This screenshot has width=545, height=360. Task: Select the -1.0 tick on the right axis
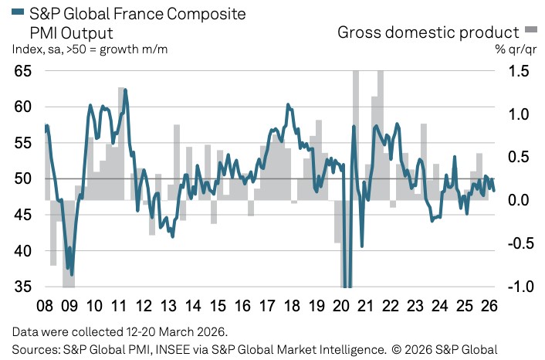(x=518, y=287)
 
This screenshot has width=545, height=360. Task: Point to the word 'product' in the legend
(x=488, y=32)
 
